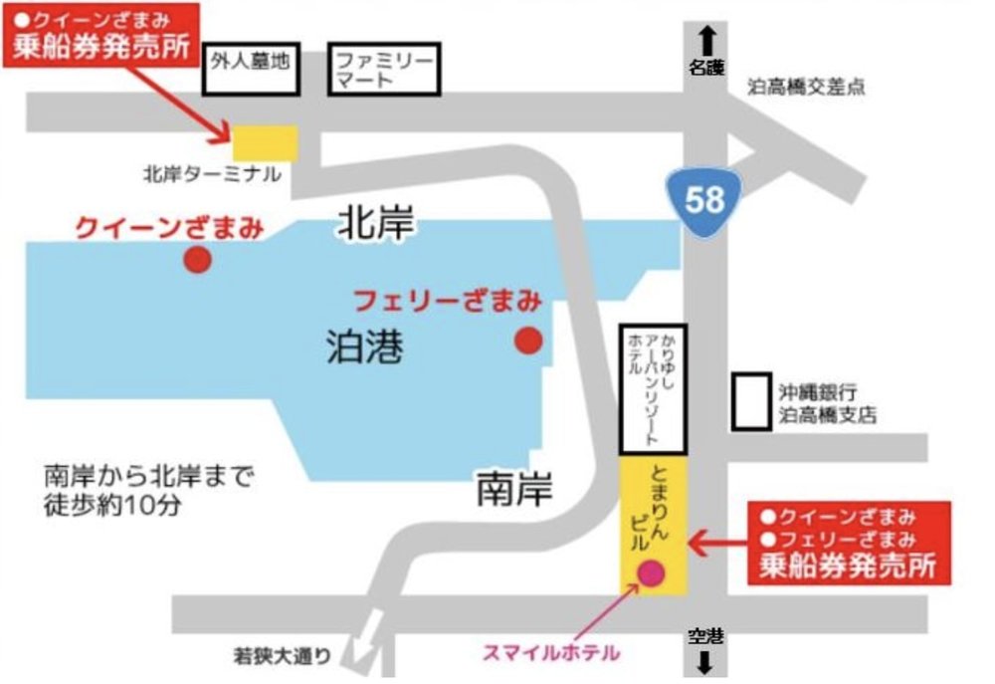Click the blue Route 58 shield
pos(704,198)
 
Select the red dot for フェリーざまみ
pos(527,342)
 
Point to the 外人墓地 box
pos(251,69)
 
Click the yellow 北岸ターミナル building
pos(265,141)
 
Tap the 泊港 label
pos(364,347)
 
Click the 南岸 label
pos(513,489)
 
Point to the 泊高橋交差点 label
pos(807,88)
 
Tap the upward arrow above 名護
pos(707,40)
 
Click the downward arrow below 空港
pos(705,662)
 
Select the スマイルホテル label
pos(551,653)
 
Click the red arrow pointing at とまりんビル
pos(717,544)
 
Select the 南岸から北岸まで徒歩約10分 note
pos(149,489)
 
